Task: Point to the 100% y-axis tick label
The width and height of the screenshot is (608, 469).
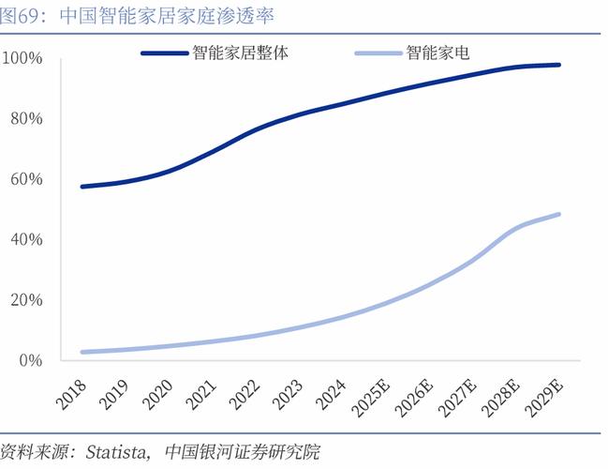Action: [x=22, y=58]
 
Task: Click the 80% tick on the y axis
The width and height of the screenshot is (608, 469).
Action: [x=26, y=119]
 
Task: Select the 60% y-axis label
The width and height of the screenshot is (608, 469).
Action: [x=26, y=179]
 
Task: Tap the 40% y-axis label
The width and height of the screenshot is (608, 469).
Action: [x=26, y=239]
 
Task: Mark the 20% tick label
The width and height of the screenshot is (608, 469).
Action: [x=26, y=300]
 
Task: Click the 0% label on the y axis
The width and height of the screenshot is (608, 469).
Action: [x=30, y=360]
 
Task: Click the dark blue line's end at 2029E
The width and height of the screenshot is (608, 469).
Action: [x=559, y=65]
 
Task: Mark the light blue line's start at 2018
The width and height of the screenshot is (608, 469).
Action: [x=83, y=352]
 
